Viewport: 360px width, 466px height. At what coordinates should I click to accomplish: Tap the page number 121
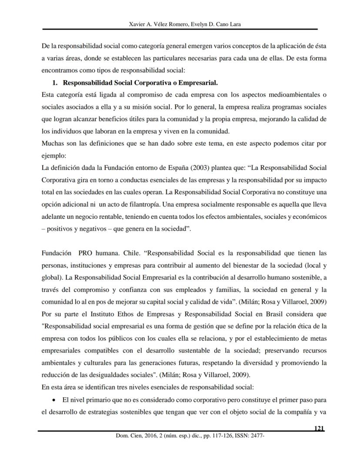tap(319, 429)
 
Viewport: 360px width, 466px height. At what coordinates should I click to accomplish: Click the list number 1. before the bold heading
tap(55, 83)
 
